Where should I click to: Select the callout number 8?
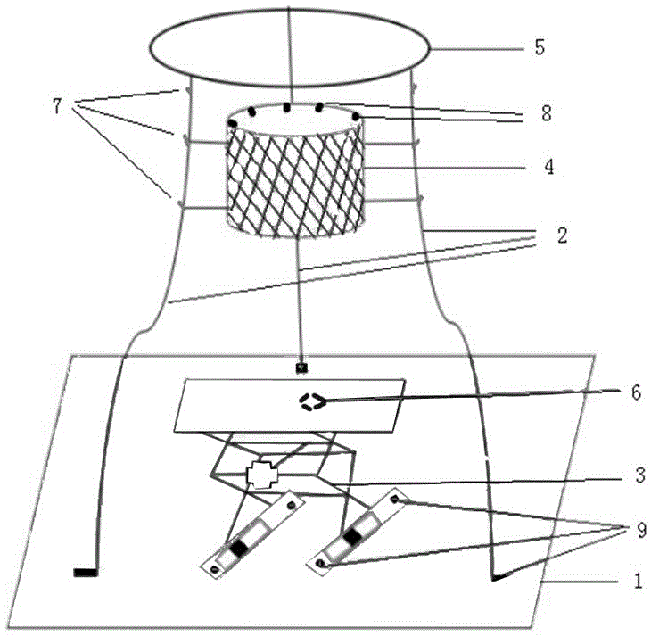547,113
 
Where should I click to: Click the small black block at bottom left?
86,572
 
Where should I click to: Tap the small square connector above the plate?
303,366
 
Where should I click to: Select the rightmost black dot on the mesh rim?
357,117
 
